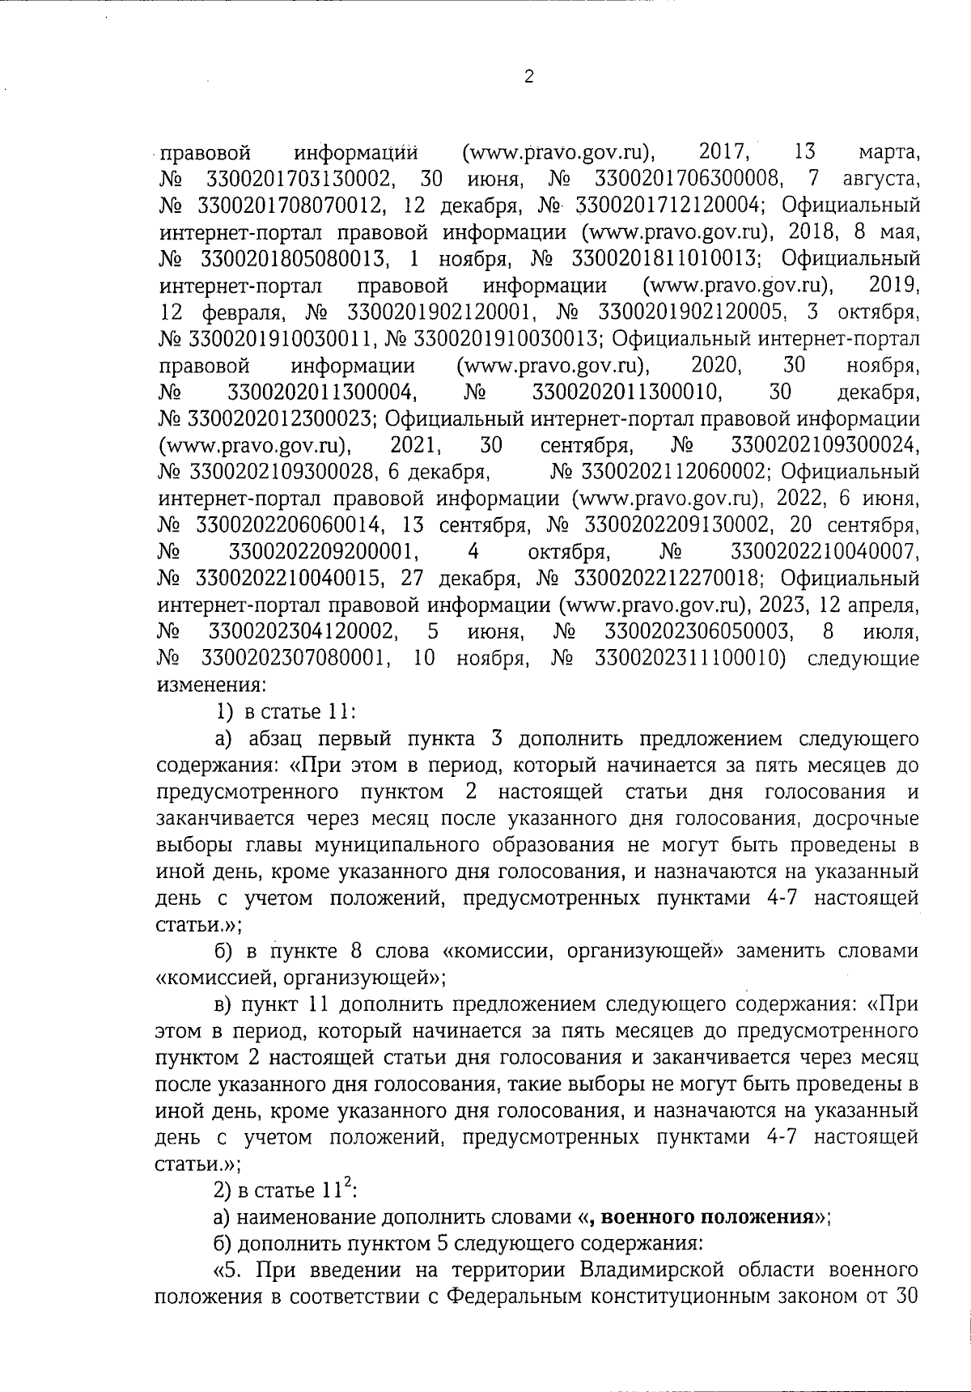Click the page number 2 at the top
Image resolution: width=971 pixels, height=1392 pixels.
pos(529,78)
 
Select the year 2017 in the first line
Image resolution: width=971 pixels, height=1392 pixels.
pos(724,151)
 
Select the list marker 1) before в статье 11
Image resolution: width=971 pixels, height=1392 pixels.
pos(223,712)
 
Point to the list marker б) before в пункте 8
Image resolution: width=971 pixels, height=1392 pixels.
pos(223,951)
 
